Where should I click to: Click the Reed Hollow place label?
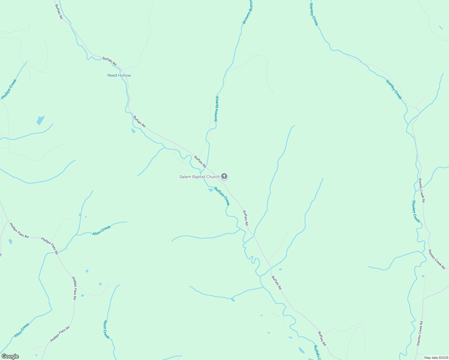pyautogui.click(x=119, y=75)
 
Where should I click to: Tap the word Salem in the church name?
pyautogui.click(x=185, y=177)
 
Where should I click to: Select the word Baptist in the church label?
pyautogui.click(x=198, y=177)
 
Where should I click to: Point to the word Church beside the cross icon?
pyautogui.click(x=213, y=177)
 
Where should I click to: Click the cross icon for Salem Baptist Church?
pyautogui.click(x=224, y=176)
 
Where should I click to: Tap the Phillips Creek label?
pyautogui.click(x=9, y=89)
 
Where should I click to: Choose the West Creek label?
pyautogui.click(x=106, y=329)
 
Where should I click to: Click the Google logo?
pyautogui.click(x=10, y=356)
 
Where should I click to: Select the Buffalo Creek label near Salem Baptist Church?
pyautogui.click(x=222, y=196)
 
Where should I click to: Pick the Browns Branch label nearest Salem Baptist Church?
pyautogui.click(x=217, y=109)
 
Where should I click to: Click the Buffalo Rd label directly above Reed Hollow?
pyautogui.click(x=109, y=61)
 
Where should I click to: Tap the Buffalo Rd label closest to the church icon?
pyautogui.click(x=200, y=162)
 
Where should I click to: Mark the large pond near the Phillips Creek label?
pyautogui.click(x=40, y=120)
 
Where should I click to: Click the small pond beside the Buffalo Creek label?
pyautogui.click(x=211, y=190)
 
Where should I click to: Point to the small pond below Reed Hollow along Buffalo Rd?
pyautogui.click(x=133, y=131)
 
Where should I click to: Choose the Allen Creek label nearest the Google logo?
pyautogui.click(x=22, y=330)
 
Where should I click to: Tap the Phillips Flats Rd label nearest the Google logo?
pyautogui.click(x=60, y=334)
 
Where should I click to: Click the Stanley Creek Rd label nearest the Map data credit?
pyautogui.click(x=420, y=333)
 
